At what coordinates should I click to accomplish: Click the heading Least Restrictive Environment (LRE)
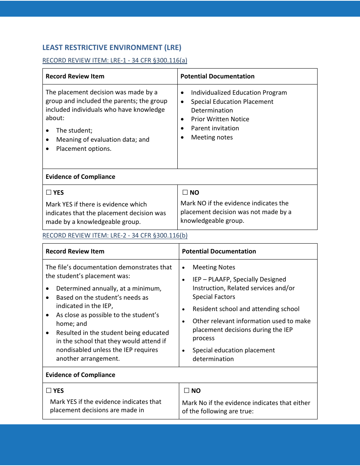[112, 47]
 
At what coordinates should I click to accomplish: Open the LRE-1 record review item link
[114, 60]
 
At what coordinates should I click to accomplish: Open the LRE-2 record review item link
[114, 235]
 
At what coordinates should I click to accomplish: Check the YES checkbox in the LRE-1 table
[49, 192]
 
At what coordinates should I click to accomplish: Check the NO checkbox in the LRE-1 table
[185, 192]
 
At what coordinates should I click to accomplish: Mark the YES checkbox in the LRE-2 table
[49, 391]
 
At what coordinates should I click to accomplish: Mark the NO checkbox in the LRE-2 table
[186, 391]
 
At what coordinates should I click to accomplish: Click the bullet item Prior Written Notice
[220, 119]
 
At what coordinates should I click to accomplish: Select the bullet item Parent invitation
[215, 128]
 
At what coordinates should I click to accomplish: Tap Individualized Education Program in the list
[239, 92]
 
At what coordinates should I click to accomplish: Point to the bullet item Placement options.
[84, 149]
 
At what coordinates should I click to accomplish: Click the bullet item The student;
[74, 130]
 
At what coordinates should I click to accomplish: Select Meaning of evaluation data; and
[103, 139]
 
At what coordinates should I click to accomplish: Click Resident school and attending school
[246, 309]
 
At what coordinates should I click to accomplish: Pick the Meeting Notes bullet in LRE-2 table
[214, 267]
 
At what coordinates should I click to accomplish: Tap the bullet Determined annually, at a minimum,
[109, 288]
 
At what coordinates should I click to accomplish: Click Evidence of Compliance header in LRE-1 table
[80, 177]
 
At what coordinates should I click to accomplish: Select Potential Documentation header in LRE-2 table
[219, 251]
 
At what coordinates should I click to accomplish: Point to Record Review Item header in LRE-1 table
[75, 76]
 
